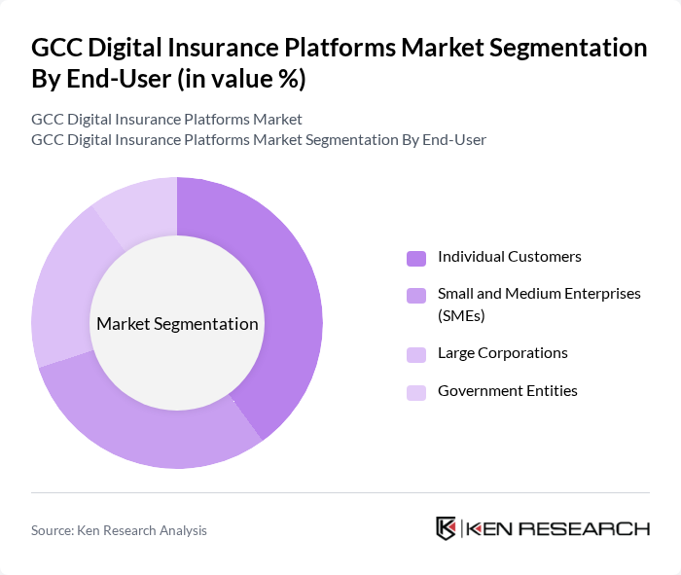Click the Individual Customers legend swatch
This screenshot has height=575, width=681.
pos(415,258)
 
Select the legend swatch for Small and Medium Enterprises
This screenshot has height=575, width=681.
pos(415,295)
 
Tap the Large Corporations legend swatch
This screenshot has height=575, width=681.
pos(415,354)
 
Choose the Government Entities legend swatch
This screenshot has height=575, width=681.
pos(415,392)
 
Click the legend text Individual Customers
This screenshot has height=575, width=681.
pos(509,257)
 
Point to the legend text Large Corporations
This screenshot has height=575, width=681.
pos(502,353)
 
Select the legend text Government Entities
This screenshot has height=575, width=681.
pos(507,391)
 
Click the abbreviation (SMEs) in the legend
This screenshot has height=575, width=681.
pos(461,315)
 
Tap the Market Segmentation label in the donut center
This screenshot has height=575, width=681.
pos(177,324)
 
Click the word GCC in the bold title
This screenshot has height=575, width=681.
pos(56,48)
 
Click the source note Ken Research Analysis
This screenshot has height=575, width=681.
pos(119,530)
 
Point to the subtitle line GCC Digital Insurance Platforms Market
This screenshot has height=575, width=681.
pos(166,120)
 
